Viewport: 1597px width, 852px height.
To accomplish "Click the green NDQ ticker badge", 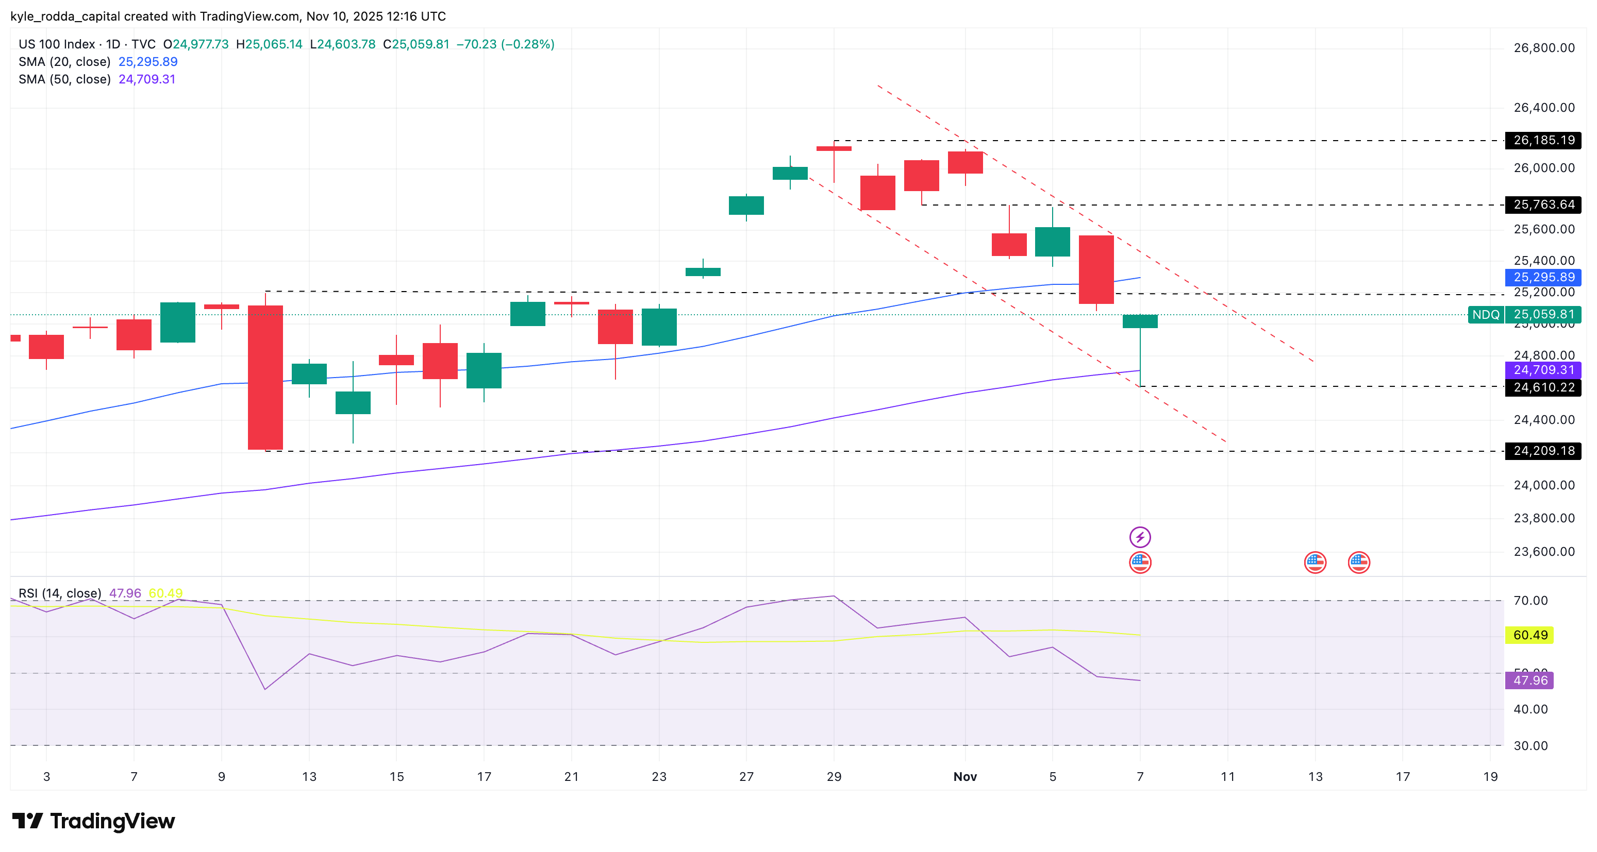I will pyautogui.click(x=1486, y=315).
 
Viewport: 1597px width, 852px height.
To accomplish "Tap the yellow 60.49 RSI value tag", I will pyautogui.click(x=1529, y=635).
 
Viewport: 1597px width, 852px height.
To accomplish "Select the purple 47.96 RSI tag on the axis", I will pyautogui.click(x=1529, y=680).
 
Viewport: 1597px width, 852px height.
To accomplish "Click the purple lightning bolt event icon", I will pyautogui.click(x=1139, y=537).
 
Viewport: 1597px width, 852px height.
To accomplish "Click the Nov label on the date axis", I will pyautogui.click(x=964, y=777).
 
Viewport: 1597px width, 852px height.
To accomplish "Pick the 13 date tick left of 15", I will pyautogui.click(x=309, y=777).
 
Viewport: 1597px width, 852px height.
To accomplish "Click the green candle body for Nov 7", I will pyautogui.click(x=1139, y=321).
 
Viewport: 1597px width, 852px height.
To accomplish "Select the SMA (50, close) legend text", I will pyautogui.click(x=64, y=79).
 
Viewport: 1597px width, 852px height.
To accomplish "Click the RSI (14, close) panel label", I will pyautogui.click(x=59, y=593).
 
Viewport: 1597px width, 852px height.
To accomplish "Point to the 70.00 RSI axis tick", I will pyautogui.click(x=1530, y=601).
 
